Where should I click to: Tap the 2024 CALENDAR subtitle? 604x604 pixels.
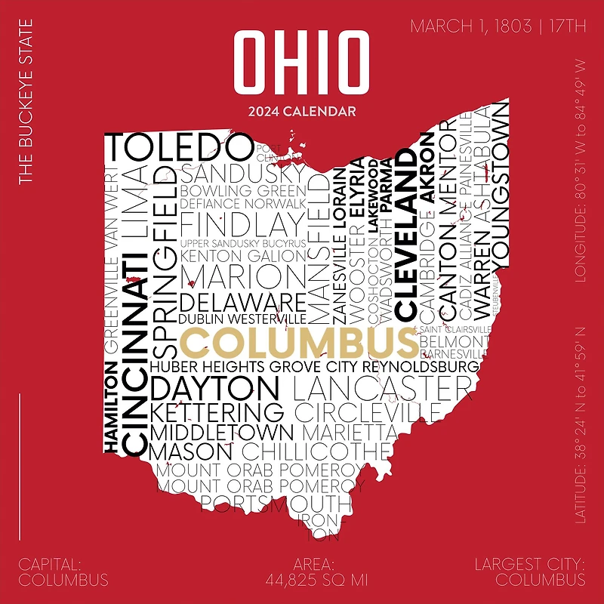[x=302, y=112]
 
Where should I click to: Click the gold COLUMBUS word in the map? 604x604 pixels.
[x=298, y=342]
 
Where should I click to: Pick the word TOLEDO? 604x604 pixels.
[x=178, y=146]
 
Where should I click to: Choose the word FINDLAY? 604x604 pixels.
[x=240, y=225]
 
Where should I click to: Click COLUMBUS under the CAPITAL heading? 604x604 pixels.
[x=63, y=581]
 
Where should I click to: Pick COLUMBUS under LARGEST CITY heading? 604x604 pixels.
[x=540, y=581]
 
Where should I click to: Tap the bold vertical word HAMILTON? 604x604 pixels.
[x=110, y=408]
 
